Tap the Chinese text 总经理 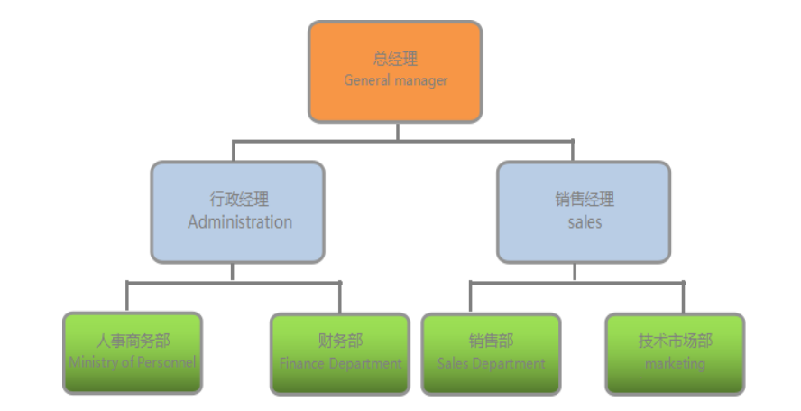(395, 60)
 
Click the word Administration (240, 222)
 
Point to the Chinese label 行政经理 (239, 200)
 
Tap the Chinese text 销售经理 (585, 200)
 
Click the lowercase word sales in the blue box (585, 221)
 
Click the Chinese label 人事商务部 (133, 341)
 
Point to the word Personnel (168, 362)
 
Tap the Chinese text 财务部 (340, 341)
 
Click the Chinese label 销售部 (491, 341)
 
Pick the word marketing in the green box (675, 363)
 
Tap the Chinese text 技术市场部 (675, 341)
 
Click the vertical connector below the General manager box (397, 132)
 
